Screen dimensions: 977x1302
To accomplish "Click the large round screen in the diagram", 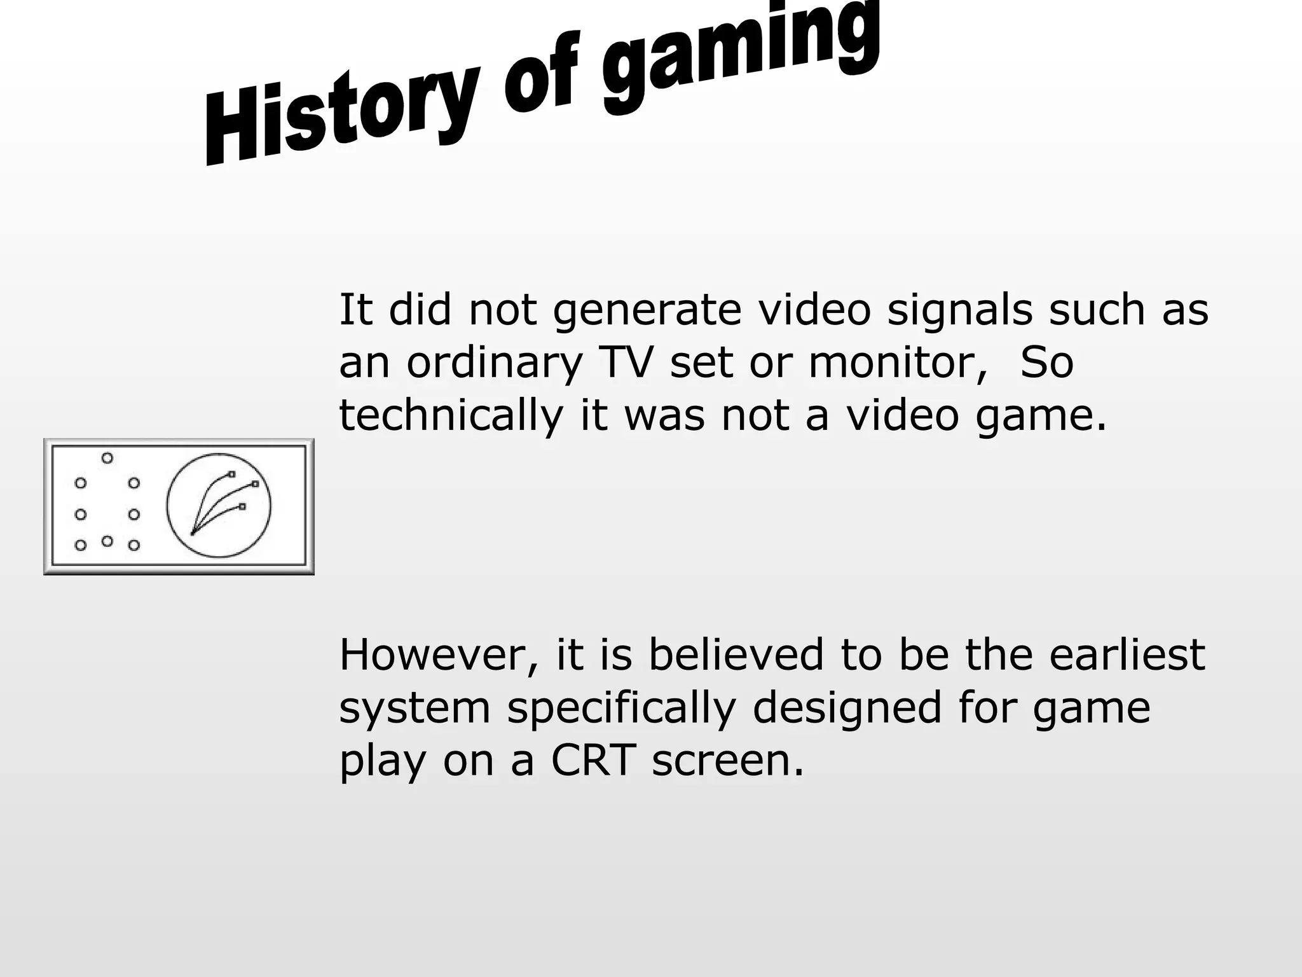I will (219, 506).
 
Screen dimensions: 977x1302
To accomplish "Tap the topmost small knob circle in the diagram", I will (107, 458).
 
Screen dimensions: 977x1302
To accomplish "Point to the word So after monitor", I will (1046, 363).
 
